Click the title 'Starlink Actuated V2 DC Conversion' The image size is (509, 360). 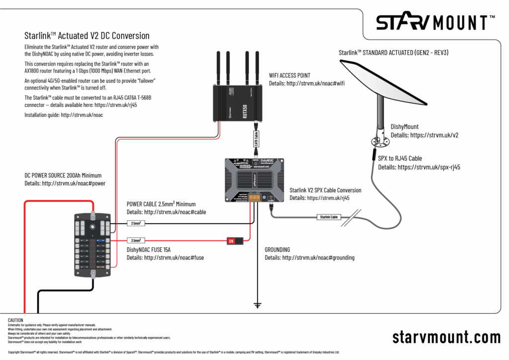point(87,36)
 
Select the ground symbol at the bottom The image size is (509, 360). point(257,304)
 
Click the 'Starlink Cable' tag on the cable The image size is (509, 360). point(329,217)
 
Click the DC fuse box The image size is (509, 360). point(92,245)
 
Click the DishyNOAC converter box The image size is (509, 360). point(254,180)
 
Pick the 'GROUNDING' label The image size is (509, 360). point(277,250)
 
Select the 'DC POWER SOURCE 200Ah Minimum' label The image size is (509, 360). point(63,176)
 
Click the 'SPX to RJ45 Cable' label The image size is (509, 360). point(400,159)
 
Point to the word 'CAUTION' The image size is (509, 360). point(16,320)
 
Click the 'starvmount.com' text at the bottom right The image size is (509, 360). point(446,337)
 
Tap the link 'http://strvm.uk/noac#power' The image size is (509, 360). point(74,183)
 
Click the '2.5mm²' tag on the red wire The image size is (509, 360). point(136,240)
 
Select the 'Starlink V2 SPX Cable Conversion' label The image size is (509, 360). point(326,190)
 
